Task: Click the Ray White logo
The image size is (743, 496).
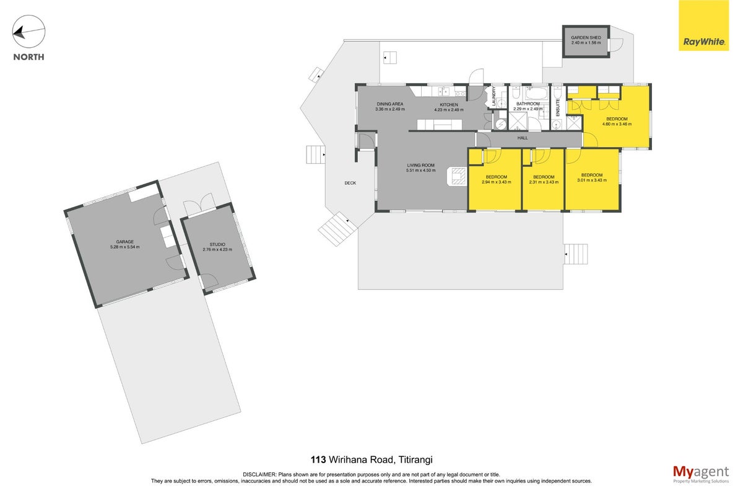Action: coord(703,25)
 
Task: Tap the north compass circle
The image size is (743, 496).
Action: coord(28,31)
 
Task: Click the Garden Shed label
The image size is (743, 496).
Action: coord(586,38)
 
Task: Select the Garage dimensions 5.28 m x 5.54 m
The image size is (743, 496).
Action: coord(124,247)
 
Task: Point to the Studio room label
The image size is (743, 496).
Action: coord(217,244)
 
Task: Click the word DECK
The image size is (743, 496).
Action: coord(350,183)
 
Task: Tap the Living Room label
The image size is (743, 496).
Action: coord(420,165)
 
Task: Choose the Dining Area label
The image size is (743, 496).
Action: coord(390,104)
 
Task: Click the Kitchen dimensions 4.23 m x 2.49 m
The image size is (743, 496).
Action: coord(449,110)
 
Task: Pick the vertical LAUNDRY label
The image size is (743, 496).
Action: coord(493,96)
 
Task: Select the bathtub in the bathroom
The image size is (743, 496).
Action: coord(537,94)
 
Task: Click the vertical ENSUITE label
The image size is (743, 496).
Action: coord(558,107)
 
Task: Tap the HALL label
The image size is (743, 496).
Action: coord(523,138)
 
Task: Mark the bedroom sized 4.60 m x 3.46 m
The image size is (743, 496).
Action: coord(617,122)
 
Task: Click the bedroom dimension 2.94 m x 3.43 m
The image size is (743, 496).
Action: coord(496,182)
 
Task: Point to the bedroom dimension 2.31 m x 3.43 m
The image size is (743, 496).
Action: coord(544,182)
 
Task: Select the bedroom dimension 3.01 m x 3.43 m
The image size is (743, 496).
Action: coord(592,180)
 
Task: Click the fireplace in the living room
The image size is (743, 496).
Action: coord(457,176)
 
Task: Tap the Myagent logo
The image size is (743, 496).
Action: coord(701,474)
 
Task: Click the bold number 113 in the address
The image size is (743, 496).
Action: coord(318,460)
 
